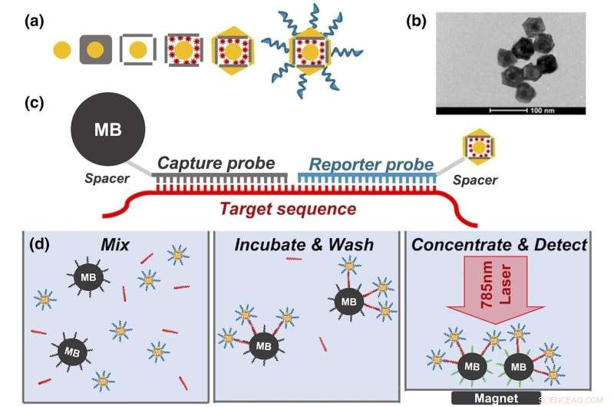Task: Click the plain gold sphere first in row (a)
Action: point(63,51)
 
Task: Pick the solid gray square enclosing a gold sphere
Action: point(95,51)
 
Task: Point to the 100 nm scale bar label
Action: point(542,109)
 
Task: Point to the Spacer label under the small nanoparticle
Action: point(474,180)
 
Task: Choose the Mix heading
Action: point(116,246)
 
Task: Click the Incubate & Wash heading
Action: point(305,246)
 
